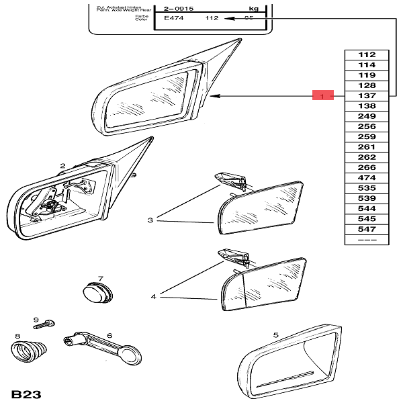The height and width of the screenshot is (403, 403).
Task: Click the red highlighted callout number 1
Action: pos(322,96)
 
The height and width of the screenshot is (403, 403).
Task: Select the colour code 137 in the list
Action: pos(367,96)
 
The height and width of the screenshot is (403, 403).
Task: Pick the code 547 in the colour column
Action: pos(367,229)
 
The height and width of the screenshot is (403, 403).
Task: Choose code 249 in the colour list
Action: pos(367,116)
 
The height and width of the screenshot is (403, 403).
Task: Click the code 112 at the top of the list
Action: pos(367,54)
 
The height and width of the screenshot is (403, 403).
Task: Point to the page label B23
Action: pos(26,392)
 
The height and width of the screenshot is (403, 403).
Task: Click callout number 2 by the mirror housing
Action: pos(62,165)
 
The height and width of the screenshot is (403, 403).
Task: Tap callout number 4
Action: pos(153,296)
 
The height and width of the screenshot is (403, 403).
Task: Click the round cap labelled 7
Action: pos(98,292)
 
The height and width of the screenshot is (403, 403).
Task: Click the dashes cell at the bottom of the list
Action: pos(367,240)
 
